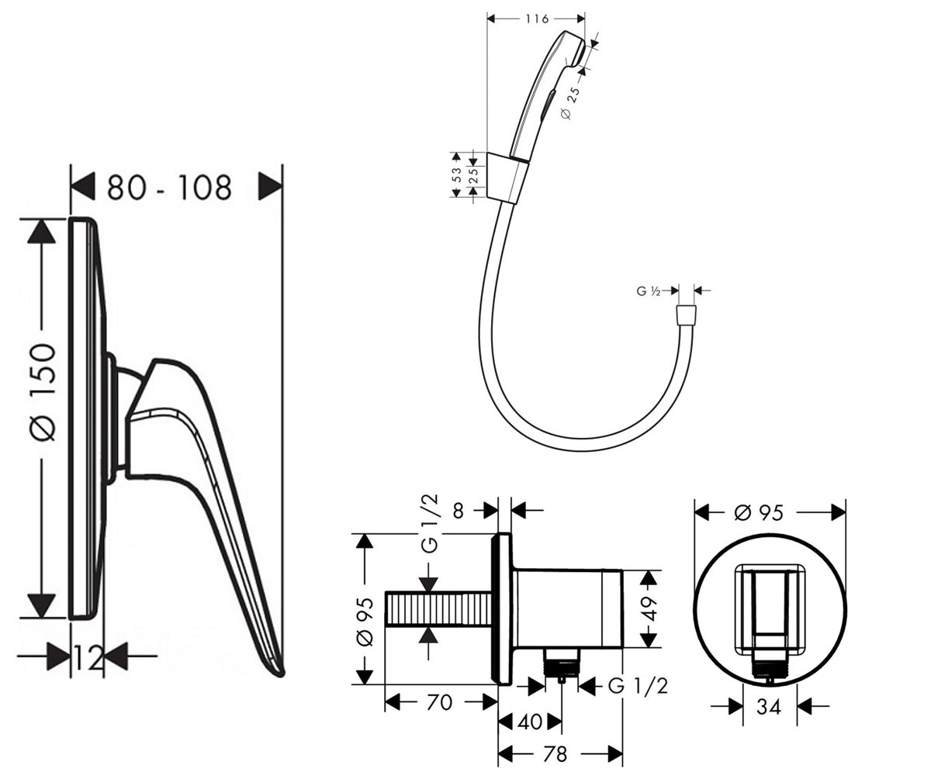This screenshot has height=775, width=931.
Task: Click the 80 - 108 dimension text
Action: click(x=169, y=187)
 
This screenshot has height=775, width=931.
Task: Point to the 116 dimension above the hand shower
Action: click(x=536, y=19)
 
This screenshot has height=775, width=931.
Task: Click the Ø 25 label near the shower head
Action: click(x=572, y=103)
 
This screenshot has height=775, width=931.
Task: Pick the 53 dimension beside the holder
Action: click(x=457, y=174)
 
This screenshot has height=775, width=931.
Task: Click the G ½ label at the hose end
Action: click(x=649, y=291)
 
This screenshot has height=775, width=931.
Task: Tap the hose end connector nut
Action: click(x=686, y=315)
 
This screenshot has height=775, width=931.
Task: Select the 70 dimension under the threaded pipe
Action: click(x=439, y=703)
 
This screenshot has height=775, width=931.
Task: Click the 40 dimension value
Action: click(x=530, y=722)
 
